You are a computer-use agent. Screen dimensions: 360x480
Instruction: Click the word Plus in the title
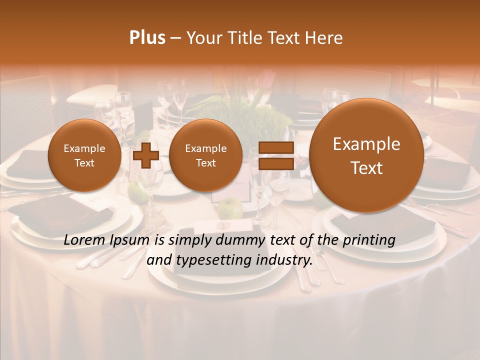pos(147,38)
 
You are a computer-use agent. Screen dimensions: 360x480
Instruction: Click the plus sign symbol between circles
pos(146,155)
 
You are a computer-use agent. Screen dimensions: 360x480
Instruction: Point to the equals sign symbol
pos(275,155)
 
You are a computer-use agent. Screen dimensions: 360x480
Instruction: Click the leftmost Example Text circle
pos(84,155)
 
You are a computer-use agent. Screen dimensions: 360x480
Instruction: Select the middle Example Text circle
pos(206,155)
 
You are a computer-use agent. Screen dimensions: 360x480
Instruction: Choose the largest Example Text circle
pos(366,155)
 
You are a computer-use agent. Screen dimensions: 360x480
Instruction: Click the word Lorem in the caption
pos(84,240)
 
